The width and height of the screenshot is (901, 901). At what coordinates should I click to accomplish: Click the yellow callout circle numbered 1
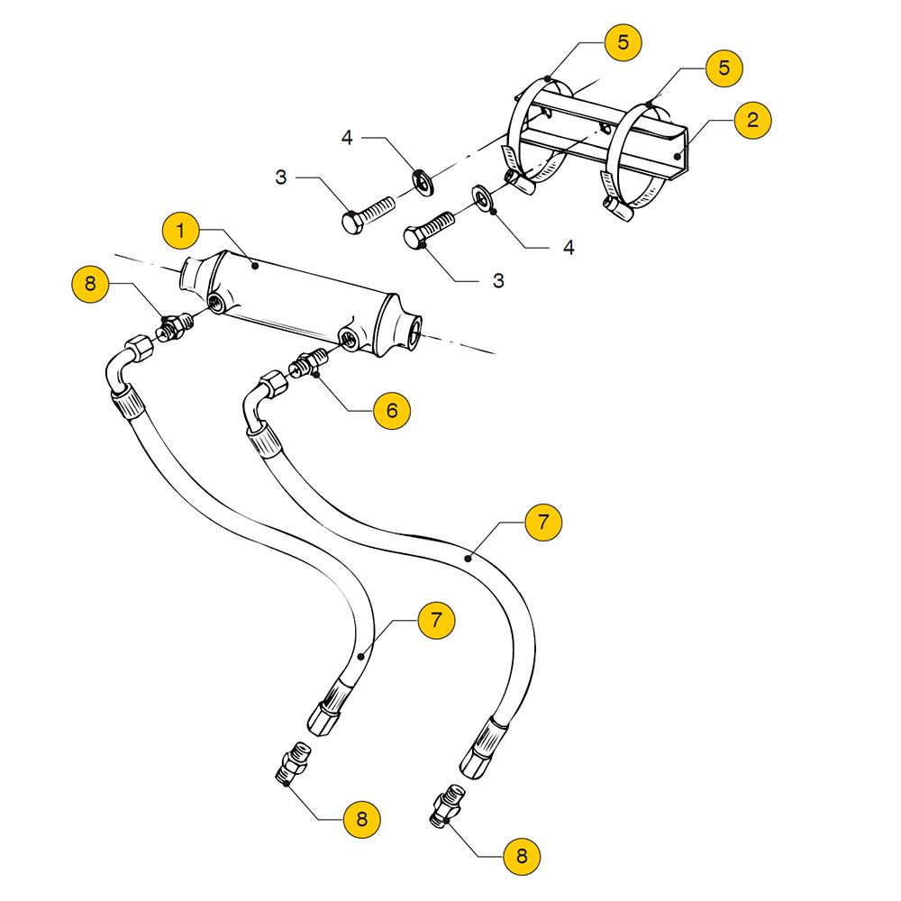pyautogui.click(x=180, y=231)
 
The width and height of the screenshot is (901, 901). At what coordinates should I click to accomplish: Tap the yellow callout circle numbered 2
pyautogui.click(x=753, y=120)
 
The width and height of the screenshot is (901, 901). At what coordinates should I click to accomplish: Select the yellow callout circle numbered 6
pyautogui.click(x=391, y=411)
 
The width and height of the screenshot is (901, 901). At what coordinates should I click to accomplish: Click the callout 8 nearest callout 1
pyautogui.click(x=90, y=285)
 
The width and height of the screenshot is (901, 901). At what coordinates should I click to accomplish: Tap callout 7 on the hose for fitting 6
pyautogui.click(x=543, y=523)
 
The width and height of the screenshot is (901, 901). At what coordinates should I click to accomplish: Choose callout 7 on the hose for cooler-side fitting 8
pyautogui.click(x=436, y=621)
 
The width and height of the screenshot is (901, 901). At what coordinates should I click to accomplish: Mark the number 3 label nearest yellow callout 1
pyautogui.click(x=281, y=178)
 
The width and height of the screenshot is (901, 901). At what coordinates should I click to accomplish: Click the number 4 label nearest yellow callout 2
pyautogui.click(x=569, y=247)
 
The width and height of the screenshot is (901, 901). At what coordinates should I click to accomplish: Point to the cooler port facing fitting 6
pyautogui.click(x=348, y=340)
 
